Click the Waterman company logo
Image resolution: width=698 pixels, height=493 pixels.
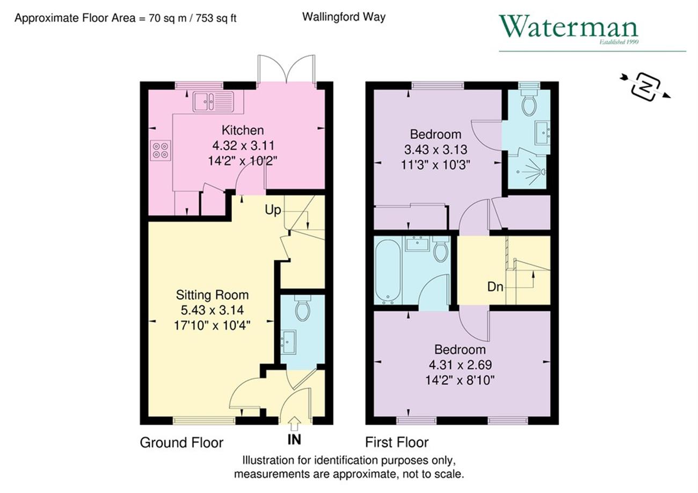click(569, 29)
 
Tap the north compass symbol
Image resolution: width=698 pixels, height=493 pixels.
click(646, 87)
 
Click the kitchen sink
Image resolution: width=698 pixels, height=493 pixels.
click(213, 101)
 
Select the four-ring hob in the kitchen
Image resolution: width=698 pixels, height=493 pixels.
click(161, 150)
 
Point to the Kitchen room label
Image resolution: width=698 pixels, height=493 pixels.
click(243, 130)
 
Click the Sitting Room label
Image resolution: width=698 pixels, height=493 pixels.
click(212, 295)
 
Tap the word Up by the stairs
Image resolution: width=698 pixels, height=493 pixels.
click(273, 210)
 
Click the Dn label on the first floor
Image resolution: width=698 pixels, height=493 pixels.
click(495, 286)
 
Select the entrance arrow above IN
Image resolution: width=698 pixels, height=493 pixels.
click(294, 424)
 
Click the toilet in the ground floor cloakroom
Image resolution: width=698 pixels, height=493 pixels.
click(302, 307)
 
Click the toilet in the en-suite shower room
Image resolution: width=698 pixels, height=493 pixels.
click(529, 102)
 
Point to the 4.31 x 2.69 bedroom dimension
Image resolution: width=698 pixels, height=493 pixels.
click(460, 364)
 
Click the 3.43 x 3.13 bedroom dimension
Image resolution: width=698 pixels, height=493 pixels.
click(435, 150)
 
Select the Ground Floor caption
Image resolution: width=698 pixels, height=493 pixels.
click(181, 442)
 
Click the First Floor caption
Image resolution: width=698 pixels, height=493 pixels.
click(397, 442)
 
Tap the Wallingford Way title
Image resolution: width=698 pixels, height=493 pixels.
click(344, 17)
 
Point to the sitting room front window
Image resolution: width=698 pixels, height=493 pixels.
click(204, 421)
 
